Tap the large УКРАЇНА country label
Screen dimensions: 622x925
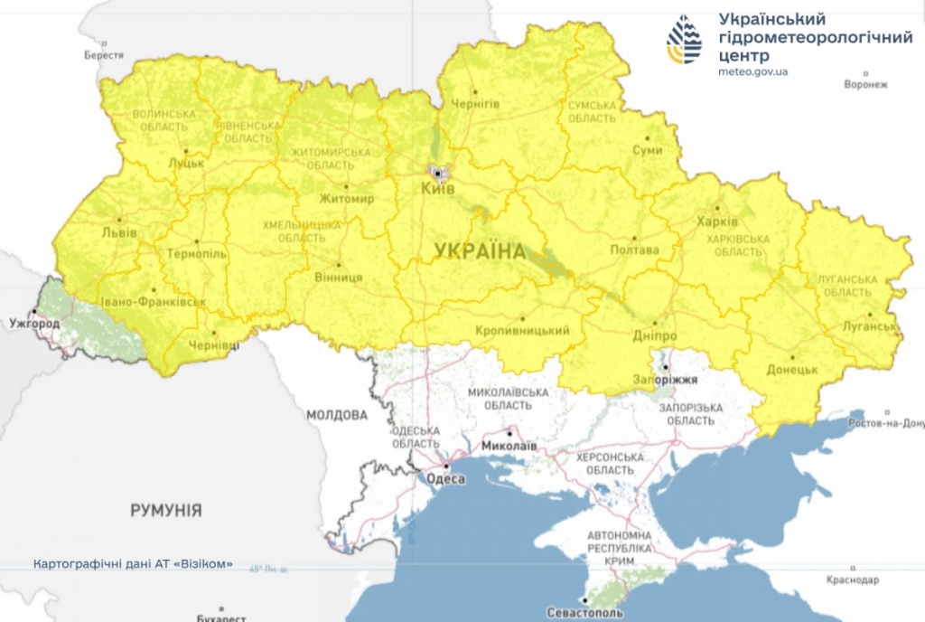[480, 251]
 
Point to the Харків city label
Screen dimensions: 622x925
[717, 221]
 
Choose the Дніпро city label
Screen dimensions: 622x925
[655, 335]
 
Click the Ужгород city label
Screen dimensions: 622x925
[33, 323]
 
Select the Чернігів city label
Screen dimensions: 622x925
[474, 104]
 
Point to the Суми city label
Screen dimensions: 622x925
[646, 150]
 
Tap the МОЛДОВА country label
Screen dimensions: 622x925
[337, 415]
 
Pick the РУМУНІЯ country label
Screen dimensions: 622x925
[166, 510]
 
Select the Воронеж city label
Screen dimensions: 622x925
[866, 85]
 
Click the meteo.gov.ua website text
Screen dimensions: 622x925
[752, 71]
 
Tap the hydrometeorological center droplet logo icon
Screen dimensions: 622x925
[684, 39]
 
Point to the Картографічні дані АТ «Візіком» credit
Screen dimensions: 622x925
[133, 563]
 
